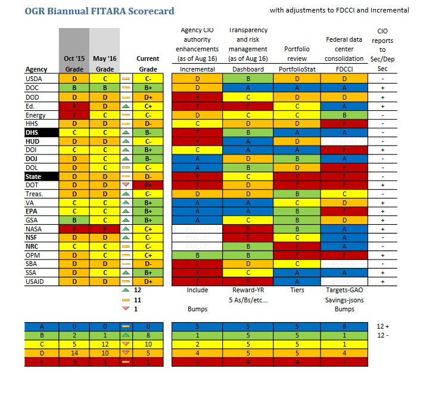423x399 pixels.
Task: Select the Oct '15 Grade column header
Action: click(74, 64)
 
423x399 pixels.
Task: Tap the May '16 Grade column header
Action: click(104, 64)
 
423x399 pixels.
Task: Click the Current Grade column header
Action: click(148, 64)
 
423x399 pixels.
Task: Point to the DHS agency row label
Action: click(32, 132)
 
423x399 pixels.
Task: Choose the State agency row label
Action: click(33, 177)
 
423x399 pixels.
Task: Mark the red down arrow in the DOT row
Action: click(125, 186)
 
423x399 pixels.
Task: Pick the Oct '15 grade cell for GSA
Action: click(74, 220)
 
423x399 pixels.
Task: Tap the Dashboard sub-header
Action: click(248, 69)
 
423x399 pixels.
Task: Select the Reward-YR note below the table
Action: click(248, 289)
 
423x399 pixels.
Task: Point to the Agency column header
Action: click(37, 69)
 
